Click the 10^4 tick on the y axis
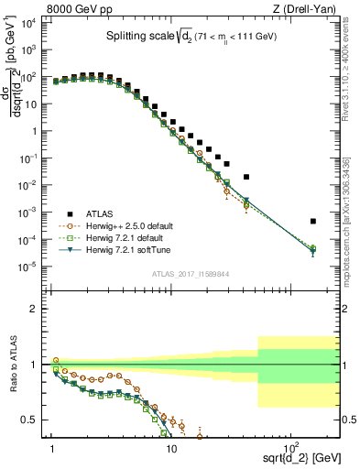pos(36,23)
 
